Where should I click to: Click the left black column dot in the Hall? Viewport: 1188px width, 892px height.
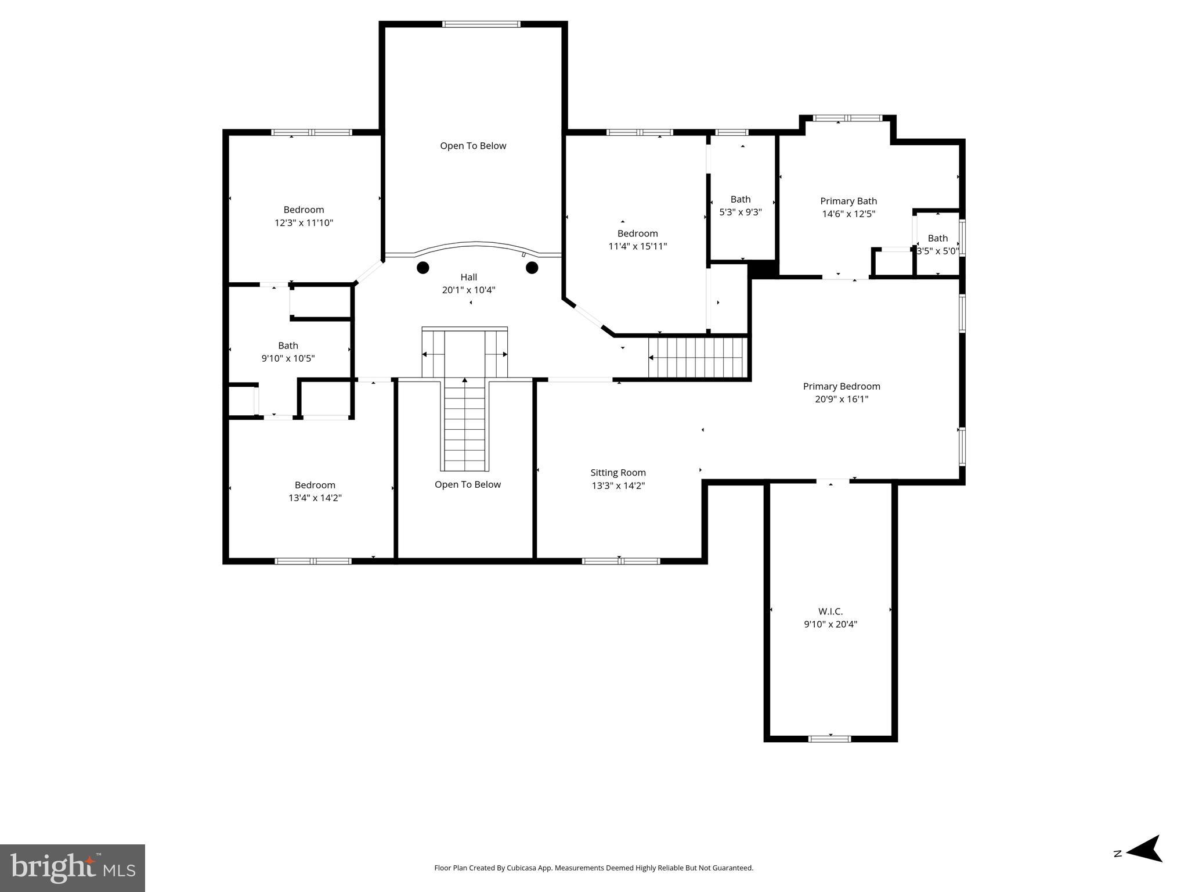click(x=423, y=268)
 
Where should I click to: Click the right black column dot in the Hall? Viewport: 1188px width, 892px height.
click(x=532, y=268)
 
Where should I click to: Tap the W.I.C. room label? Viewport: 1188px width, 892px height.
click(x=830, y=612)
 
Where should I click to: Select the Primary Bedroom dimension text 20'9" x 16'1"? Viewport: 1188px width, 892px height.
click(x=841, y=399)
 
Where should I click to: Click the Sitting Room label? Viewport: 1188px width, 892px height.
click(x=618, y=473)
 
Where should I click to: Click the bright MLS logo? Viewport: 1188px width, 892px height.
click(x=73, y=868)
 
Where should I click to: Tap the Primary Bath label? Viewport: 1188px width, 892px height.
click(x=848, y=201)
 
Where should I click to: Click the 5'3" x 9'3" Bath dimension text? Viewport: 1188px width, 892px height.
click(x=740, y=213)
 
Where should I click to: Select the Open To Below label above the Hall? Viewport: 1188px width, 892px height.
click(x=473, y=146)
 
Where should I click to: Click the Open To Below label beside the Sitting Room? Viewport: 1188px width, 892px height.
click(x=467, y=484)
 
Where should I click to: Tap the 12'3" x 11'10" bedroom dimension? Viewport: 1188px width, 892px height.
click(x=304, y=222)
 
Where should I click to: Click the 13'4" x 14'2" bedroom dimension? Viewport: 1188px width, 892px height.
click(x=315, y=498)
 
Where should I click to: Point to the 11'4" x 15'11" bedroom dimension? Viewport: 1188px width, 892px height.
click(x=637, y=246)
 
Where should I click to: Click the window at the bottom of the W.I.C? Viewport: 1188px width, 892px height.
click(x=829, y=739)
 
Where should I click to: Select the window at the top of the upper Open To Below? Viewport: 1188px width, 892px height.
click(x=481, y=24)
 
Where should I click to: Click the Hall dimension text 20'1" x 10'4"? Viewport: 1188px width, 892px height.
click(x=468, y=290)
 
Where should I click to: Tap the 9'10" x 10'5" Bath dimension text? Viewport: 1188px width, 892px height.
click(x=288, y=358)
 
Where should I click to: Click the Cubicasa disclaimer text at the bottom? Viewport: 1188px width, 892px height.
click(x=593, y=868)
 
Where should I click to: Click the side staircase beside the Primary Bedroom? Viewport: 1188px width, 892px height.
click(x=698, y=358)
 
